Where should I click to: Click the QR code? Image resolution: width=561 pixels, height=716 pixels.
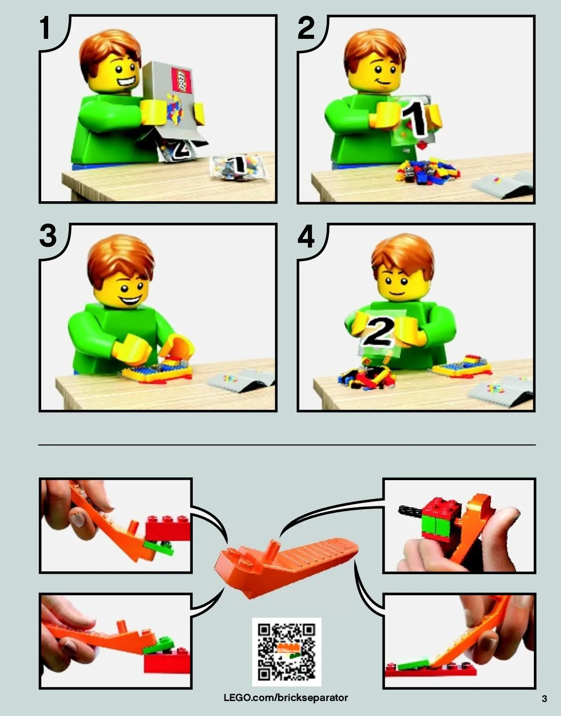click(287, 652)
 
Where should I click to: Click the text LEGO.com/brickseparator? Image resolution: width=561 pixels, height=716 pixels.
click(285, 698)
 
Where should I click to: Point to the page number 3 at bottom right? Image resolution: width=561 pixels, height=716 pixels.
click(544, 699)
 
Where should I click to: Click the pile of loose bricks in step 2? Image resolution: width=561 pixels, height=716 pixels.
click(428, 171)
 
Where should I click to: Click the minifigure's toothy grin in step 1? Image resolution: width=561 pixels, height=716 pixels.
click(126, 81)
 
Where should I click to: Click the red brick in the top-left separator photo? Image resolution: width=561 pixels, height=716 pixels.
click(168, 528)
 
